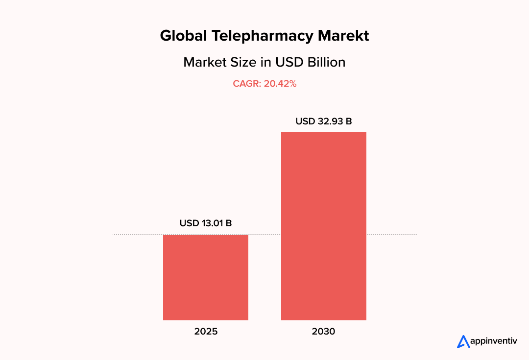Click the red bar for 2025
click(x=206, y=277)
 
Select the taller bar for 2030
click(x=323, y=226)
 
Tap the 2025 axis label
click(x=206, y=332)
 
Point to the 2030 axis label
click(x=323, y=332)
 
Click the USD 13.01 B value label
click(x=206, y=223)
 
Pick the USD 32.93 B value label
click(x=323, y=121)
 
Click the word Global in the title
click(x=184, y=36)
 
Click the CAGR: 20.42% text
click(x=264, y=84)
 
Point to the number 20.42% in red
click(x=280, y=84)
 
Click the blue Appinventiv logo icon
click(x=463, y=341)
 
